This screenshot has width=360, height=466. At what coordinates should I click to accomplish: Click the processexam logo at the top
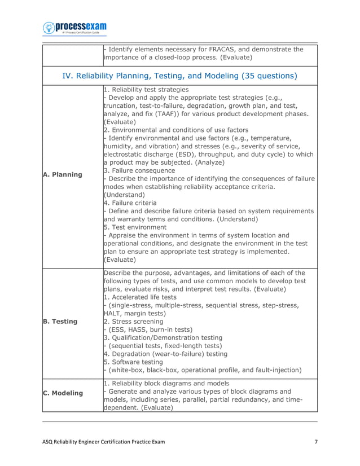[x=74, y=28]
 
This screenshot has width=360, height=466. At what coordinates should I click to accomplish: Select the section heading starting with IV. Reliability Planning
[x=179, y=75]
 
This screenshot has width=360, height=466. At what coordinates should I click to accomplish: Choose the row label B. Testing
[x=60, y=321]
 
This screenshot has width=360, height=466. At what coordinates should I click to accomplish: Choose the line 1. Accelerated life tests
[x=140, y=297]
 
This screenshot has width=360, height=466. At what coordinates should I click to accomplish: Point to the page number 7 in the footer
[x=315, y=441]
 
